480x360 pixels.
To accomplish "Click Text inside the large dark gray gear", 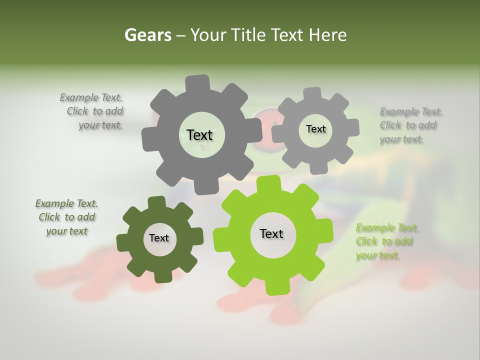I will [199, 135].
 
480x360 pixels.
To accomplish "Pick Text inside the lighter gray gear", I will [315, 129].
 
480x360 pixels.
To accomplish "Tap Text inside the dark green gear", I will [159, 238].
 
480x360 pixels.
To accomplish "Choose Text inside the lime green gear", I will [271, 233].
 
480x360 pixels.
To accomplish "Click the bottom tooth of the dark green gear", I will [163, 276].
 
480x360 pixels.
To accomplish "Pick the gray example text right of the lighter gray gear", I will [410, 125].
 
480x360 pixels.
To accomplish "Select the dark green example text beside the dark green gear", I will [66, 217].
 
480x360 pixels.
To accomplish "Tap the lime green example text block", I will [386, 241].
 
